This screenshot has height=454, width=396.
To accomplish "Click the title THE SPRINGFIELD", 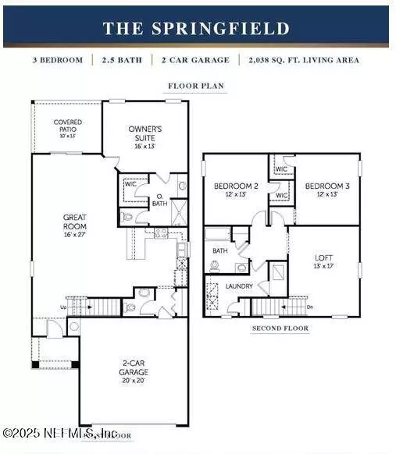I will [x=196, y=29].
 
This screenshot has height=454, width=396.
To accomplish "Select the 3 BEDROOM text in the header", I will [x=58, y=59].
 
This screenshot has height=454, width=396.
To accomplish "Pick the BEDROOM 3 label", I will [x=325, y=186].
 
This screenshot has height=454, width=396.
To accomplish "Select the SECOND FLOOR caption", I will [x=280, y=328].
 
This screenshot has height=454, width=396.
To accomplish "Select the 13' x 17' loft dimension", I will [x=324, y=266].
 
